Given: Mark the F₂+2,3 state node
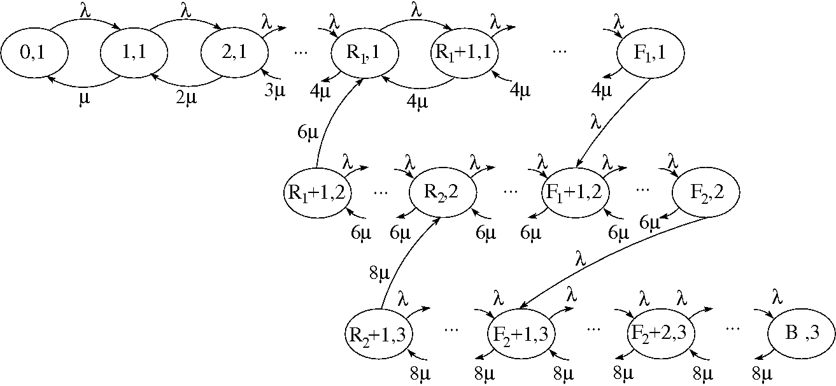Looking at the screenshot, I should (x=660, y=333).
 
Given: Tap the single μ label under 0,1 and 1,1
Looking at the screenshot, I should (x=83, y=99).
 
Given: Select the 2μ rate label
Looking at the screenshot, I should (x=184, y=99).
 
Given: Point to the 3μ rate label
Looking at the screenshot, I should (x=274, y=90).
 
